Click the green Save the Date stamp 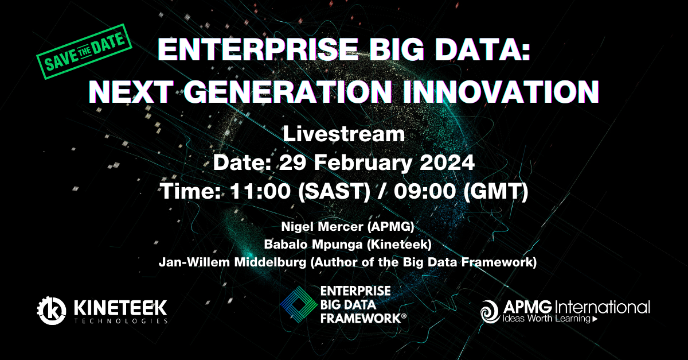pos(84,52)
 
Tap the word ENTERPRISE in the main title pos(257,49)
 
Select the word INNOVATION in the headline pos(501,91)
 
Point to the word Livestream pos(343,134)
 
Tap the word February pos(363,164)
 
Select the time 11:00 pos(260,191)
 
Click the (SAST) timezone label pos(334,191)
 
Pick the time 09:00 pos(425,191)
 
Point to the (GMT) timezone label pos(496,191)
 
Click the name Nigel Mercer pos(322,226)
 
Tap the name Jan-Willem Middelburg pos(233,262)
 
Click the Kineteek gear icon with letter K pos(52,310)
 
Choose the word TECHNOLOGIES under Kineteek pos(121,321)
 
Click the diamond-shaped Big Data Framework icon pos(299,304)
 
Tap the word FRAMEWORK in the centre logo pos(361,319)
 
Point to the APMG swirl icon pos(490,311)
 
